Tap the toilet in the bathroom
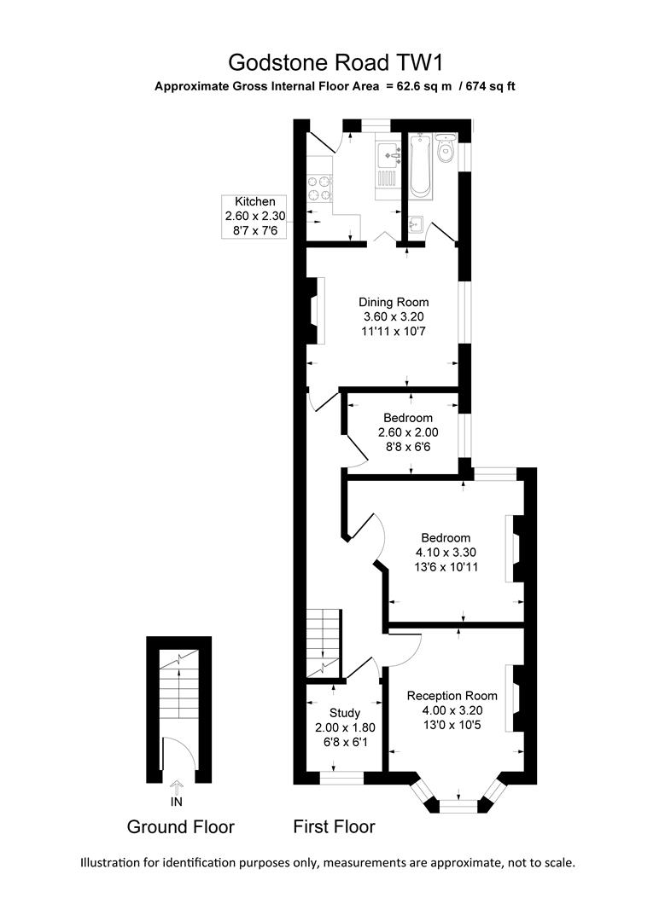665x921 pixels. [x=445, y=151]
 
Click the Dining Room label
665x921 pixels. [x=393, y=302]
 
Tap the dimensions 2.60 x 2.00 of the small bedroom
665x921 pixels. [x=407, y=432]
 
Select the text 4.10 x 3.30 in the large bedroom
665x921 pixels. [x=445, y=553]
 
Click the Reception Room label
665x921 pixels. [x=452, y=695]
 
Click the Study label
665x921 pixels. [x=344, y=712]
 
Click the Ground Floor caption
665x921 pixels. [x=180, y=826]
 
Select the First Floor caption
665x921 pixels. [x=334, y=826]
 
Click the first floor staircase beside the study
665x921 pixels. [x=324, y=644]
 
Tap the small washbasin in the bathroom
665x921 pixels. [x=415, y=225]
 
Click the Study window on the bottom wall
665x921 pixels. [x=341, y=778]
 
